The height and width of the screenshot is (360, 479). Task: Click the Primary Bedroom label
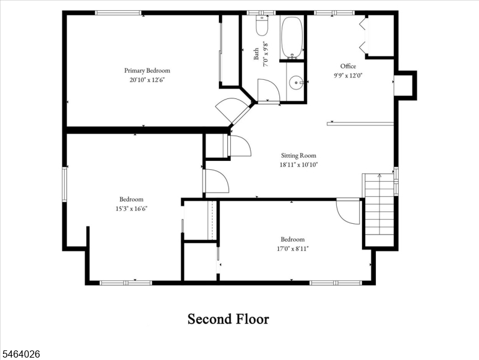pos(147,71)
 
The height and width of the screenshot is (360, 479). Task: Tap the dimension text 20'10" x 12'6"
pos(147,80)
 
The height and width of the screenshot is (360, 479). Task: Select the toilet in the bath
pos(262,26)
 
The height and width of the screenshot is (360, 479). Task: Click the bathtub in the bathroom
pos(292,37)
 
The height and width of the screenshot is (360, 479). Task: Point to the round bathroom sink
pos(296,82)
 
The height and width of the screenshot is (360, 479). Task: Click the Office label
pos(348,66)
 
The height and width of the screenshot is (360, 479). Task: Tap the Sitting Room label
pos(299,155)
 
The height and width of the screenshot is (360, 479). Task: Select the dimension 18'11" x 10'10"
pos(299,165)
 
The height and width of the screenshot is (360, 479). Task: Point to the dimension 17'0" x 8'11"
pos(293,248)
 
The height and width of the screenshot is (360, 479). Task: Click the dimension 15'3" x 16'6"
pos(131,209)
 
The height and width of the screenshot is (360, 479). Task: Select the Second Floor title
pos(228,319)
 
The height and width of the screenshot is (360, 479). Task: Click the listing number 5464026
pos(20,354)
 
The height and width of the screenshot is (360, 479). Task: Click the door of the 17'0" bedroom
pos(348,211)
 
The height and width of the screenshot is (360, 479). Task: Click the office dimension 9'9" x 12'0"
pos(348,76)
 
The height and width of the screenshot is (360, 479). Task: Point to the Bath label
pos(256,54)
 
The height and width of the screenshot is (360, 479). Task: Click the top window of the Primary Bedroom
pos(118,13)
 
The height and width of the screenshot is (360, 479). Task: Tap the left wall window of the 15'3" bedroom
pos(65,184)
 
